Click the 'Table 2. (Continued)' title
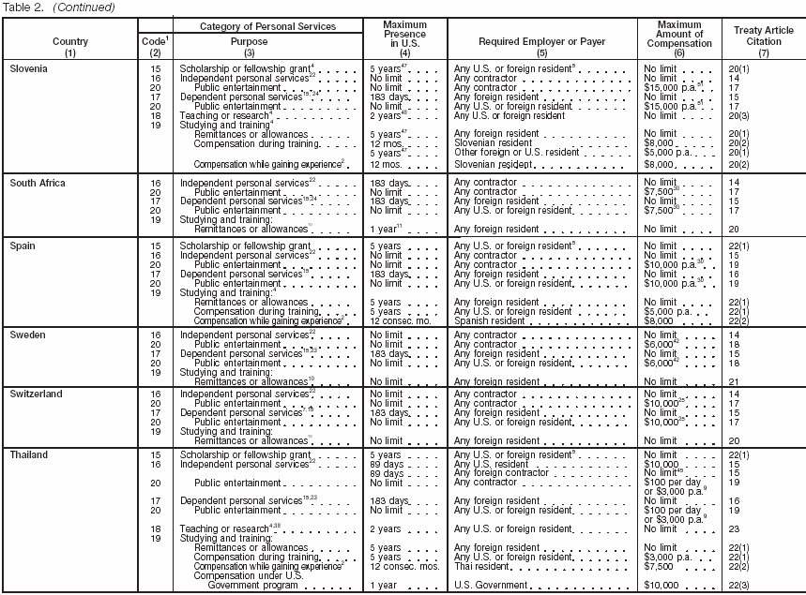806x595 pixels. pos(59,7)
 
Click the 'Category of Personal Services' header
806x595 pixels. pos(269,26)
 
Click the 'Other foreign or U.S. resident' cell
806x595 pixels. pos(516,151)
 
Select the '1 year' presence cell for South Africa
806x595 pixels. pos(385,229)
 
